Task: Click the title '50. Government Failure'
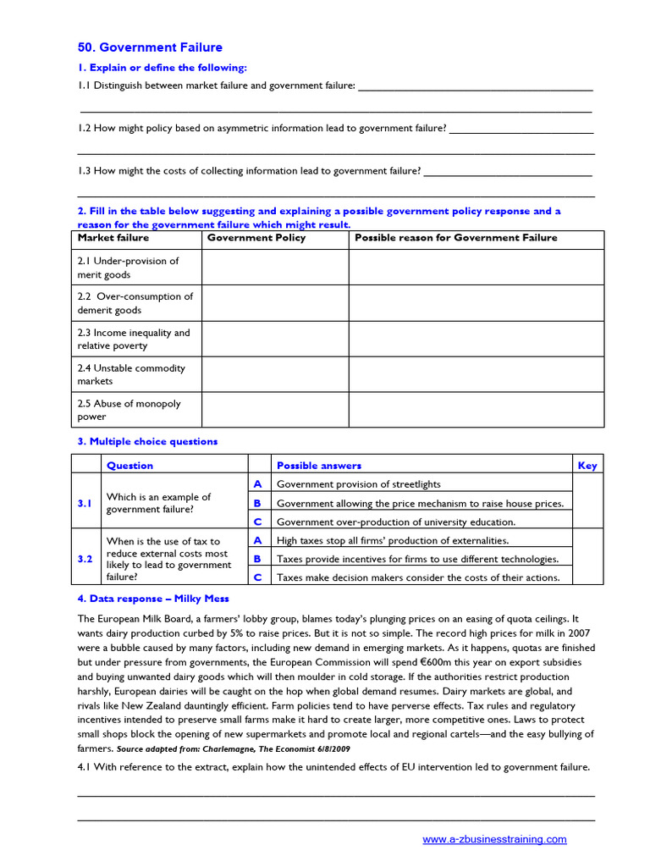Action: click(150, 47)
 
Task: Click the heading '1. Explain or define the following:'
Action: click(162, 68)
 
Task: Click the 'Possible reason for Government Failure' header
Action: click(455, 238)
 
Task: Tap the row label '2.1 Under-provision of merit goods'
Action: click(129, 268)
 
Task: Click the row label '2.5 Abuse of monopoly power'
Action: click(129, 410)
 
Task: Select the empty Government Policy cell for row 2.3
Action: click(275, 339)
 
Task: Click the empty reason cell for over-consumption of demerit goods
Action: click(476, 303)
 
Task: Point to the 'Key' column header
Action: click(587, 465)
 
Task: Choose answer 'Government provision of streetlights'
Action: click(359, 484)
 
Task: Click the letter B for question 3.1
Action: click(257, 503)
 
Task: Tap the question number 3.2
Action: click(85, 559)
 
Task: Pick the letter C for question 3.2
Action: click(257, 577)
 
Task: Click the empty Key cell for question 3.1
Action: click(587, 503)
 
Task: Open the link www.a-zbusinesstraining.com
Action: click(494, 839)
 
